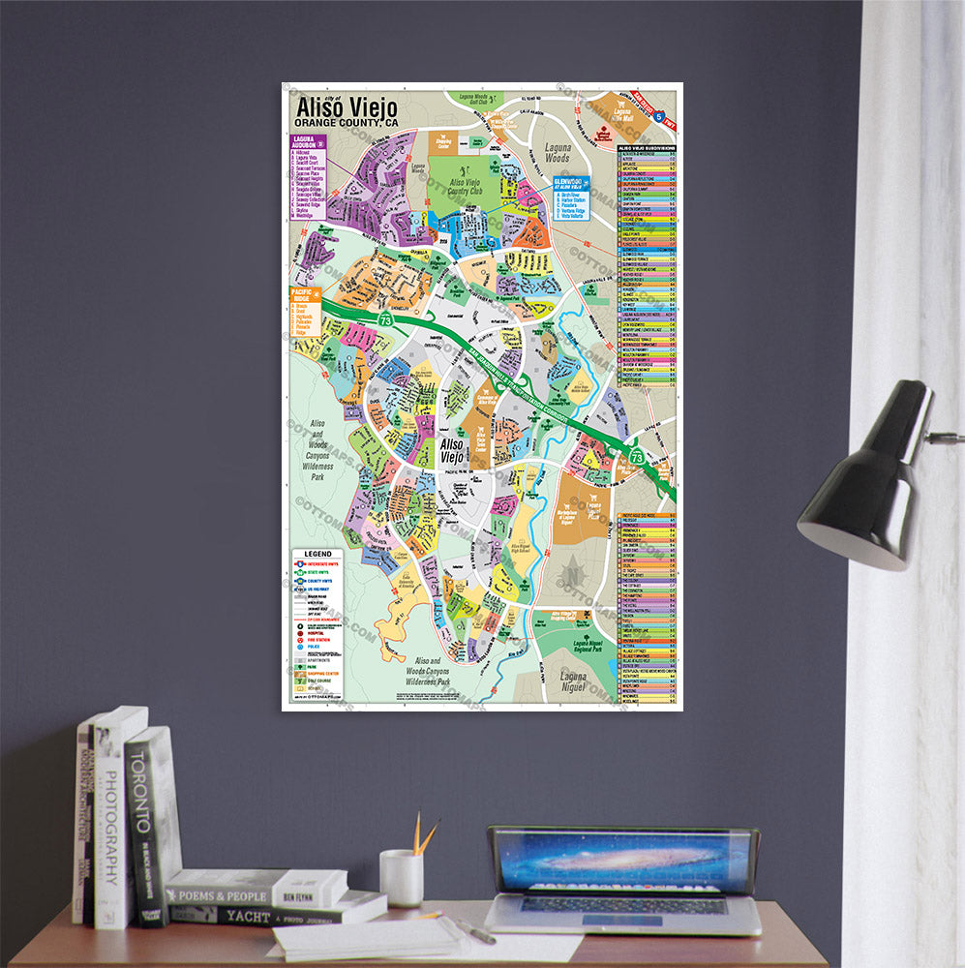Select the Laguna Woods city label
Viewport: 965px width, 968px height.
[557, 152]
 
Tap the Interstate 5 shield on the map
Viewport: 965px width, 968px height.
[659, 116]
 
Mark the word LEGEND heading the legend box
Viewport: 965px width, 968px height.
[317, 555]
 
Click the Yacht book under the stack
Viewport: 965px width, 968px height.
[261, 912]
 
